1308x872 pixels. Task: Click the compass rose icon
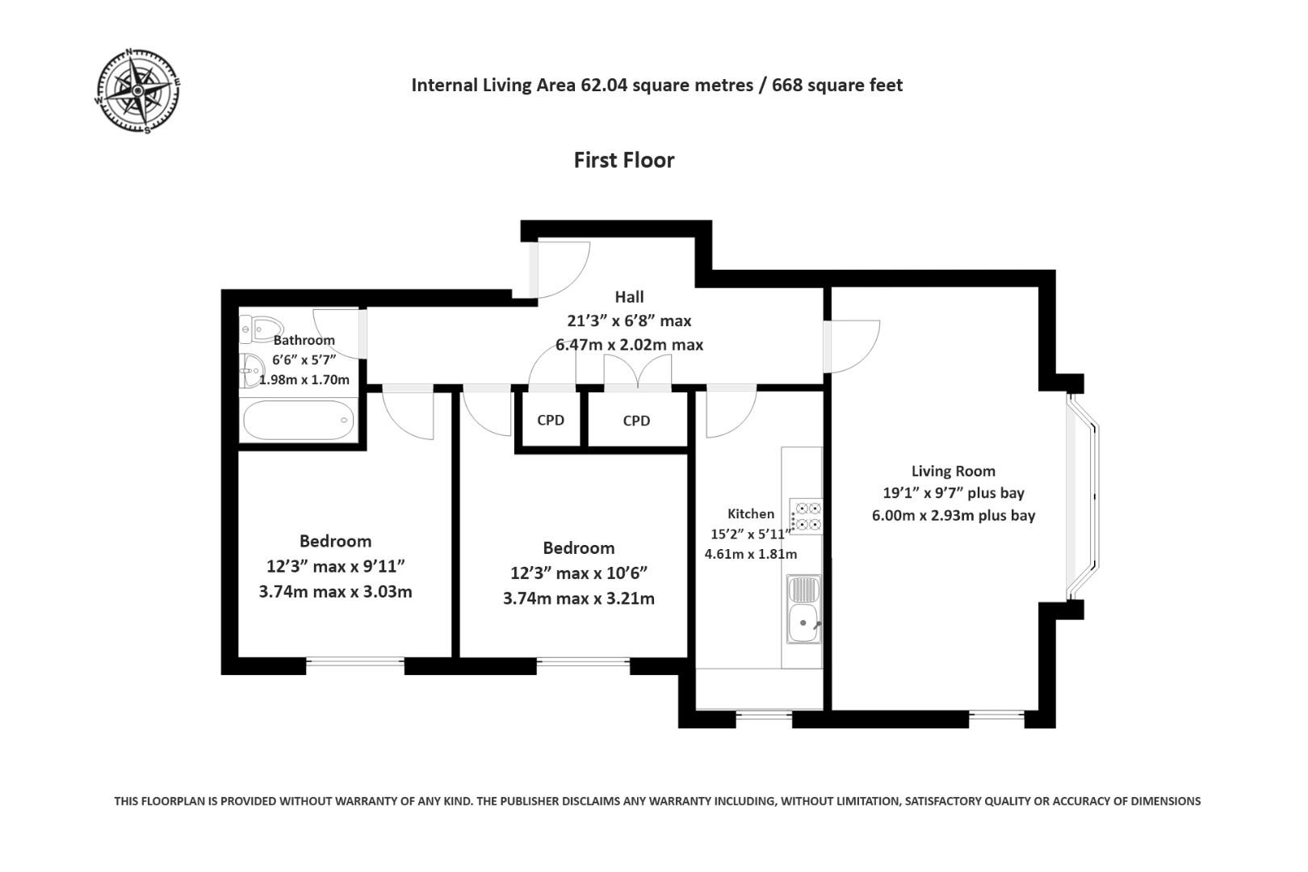click(x=138, y=90)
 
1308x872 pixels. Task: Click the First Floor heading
click(x=623, y=160)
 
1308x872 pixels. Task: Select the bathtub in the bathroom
click(x=298, y=419)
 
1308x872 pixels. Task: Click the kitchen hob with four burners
click(x=806, y=516)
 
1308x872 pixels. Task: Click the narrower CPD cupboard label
click(x=551, y=420)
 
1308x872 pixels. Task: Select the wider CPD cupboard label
click(x=636, y=421)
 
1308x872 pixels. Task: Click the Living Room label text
click(x=953, y=471)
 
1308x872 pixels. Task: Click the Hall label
click(x=629, y=296)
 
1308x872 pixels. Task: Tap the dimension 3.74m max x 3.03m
click(x=335, y=592)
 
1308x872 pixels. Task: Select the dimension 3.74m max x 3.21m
click(x=578, y=599)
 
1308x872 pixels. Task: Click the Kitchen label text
click(x=750, y=514)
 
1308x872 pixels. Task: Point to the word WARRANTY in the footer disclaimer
click(x=350, y=801)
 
